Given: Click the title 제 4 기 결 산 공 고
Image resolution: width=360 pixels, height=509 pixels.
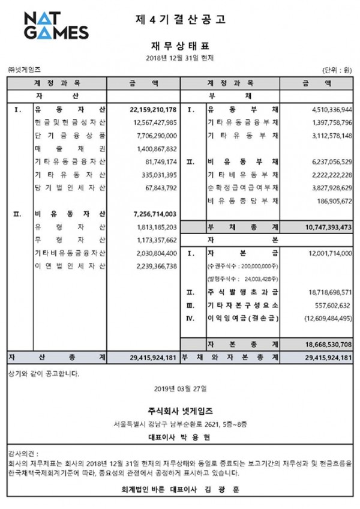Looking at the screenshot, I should (180, 19).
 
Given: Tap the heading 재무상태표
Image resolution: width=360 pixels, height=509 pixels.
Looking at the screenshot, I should (180, 44).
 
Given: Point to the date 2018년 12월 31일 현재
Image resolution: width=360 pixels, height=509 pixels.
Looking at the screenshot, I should (180, 58).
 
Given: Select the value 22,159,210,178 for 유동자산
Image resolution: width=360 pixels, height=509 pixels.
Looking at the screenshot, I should (152, 110).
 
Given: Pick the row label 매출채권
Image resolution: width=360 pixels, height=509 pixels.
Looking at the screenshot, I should (70, 149).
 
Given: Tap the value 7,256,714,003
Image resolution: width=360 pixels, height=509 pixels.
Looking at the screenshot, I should (152, 214).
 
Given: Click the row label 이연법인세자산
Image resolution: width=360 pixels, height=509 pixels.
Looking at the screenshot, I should (70, 266).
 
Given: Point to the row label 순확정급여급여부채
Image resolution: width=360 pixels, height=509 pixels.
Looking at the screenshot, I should (243, 188).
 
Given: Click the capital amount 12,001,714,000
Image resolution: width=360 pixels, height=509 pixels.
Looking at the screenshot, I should (323, 253).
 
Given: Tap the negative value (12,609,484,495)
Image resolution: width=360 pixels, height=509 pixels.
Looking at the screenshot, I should (322, 318).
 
